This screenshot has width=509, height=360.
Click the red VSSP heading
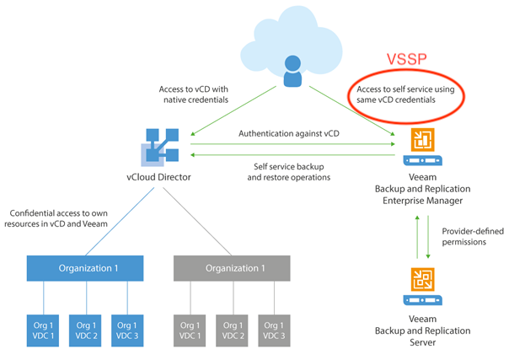click(406, 59)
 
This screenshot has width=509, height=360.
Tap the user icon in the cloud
click(292, 71)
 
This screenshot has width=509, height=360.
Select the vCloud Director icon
click(160, 147)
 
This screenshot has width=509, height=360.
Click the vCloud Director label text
click(158, 177)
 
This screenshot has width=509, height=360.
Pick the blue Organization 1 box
click(85, 268)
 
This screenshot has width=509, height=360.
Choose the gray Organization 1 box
click(232, 268)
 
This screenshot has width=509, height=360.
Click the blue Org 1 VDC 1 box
click(43, 330)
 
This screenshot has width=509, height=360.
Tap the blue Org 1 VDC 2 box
click(85, 330)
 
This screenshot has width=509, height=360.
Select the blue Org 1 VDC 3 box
click(127, 330)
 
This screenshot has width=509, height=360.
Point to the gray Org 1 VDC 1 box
click(190, 330)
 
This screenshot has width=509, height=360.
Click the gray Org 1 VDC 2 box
click(232, 330)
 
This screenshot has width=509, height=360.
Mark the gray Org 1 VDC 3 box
click(274, 330)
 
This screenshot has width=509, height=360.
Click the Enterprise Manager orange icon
click(423, 140)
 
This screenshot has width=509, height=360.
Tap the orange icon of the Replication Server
click(423, 280)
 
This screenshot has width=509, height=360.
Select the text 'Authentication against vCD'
click(289, 134)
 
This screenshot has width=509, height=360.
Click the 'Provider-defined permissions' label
click(473, 237)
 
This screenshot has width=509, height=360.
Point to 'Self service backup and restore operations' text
click(288, 172)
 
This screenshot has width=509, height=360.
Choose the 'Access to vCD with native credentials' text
click(194, 94)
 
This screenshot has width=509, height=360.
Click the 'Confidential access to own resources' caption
click(56, 218)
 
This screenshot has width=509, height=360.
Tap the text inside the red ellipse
click(405, 94)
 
